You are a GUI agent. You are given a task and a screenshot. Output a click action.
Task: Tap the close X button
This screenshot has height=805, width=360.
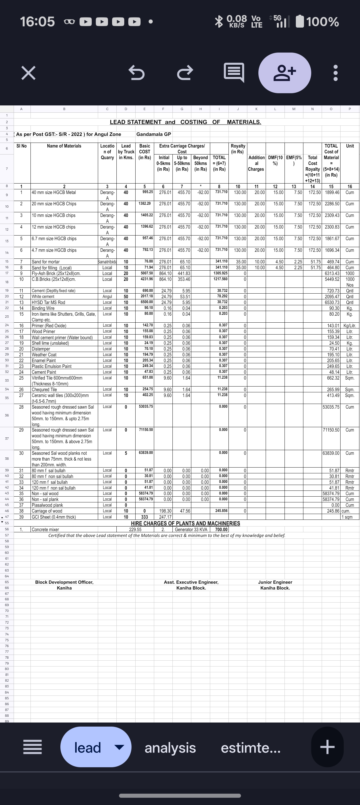tap(28, 73)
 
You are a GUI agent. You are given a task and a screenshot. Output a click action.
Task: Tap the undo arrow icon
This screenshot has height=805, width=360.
tap(136, 73)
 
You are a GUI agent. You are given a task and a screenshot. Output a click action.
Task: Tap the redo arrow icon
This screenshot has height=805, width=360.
tap(185, 73)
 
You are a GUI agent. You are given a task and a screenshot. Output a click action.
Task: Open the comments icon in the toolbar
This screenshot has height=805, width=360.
tap(234, 73)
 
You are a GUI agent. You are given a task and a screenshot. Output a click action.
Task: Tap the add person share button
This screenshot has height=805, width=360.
tap(285, 73)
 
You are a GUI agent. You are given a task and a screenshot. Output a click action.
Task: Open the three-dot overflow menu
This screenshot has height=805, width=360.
tap(336, 73)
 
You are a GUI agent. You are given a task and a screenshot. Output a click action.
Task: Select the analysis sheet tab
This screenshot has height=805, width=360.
tap(170, 748)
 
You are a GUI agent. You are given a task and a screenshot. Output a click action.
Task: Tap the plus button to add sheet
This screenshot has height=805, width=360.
tap(327, 748)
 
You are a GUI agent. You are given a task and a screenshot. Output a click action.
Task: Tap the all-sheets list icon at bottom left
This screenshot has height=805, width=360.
tap(33, 748)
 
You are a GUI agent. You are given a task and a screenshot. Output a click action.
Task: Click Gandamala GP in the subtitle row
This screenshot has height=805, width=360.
tap(154, 134)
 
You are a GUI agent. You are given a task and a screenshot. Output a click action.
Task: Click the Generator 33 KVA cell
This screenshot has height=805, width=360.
tap(191, 529)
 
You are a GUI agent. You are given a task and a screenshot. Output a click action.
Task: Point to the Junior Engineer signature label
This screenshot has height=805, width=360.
tap(275, 582)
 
